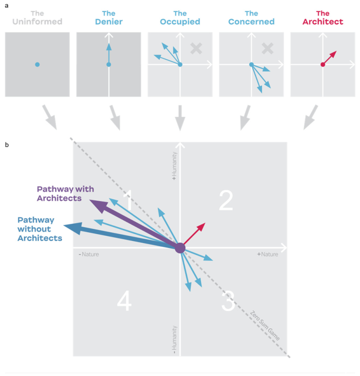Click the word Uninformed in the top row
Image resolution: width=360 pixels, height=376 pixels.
pyautogui.click(x=37, y=21)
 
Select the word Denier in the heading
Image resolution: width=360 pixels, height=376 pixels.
pyautogui.click(x=109, y=21)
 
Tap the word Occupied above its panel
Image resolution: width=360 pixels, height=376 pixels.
pyautogui.click(x=180, y=21)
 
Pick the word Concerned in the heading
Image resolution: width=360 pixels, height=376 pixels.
pyautogui.click(x=251, y=21)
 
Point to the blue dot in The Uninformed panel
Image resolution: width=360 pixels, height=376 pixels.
pyautogui.click(x=37, y=64)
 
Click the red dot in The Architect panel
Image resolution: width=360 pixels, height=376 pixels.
pyautogui.click(x=322, y=64)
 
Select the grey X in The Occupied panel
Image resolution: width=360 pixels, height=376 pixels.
pyautogui.click(x=196, y=48)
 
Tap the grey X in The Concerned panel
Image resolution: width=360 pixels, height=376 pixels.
pyautogui.click(x=268, y=48)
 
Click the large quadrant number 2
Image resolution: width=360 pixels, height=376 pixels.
pyautogui.click(x=226, y=200)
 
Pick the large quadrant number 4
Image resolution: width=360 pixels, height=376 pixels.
pyautogui.click(x=124, y=302)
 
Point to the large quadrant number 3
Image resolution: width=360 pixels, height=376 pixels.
pyautogui.click(x=228, y=302)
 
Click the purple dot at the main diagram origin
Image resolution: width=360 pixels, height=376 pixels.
pyautogui.click(x=180, y=248)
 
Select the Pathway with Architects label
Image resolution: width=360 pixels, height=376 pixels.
pyautogui.click(x=65, y=193)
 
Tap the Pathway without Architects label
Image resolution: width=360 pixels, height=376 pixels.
pyautogui.click(x=40, y=228)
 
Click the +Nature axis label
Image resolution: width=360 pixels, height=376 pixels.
pyautogui.click(x=268, y=254)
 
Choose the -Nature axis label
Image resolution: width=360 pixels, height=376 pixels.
pyautogui.click(x=89, y=254)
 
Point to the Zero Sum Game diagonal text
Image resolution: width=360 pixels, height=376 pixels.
pyautogui.click(x=265, y=324)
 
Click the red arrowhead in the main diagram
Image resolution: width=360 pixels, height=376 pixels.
pyautogui.click(x=201, y=226)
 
